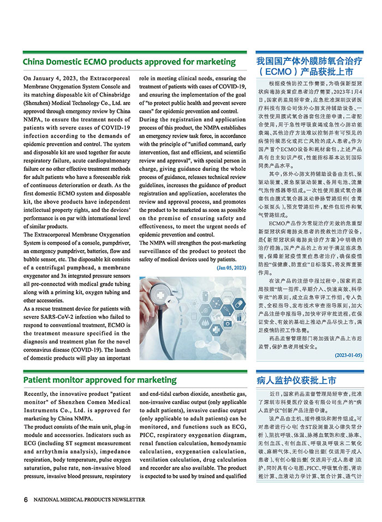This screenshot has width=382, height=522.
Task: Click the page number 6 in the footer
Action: (x=26, y=499)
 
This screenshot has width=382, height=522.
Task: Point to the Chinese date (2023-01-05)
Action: (x=348, y=355)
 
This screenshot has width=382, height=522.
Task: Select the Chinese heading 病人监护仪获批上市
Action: (x=296, y=380)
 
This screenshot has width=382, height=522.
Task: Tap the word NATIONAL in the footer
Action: (x=48, y=500)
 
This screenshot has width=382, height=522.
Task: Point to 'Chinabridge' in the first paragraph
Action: (x=111, y=87)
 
